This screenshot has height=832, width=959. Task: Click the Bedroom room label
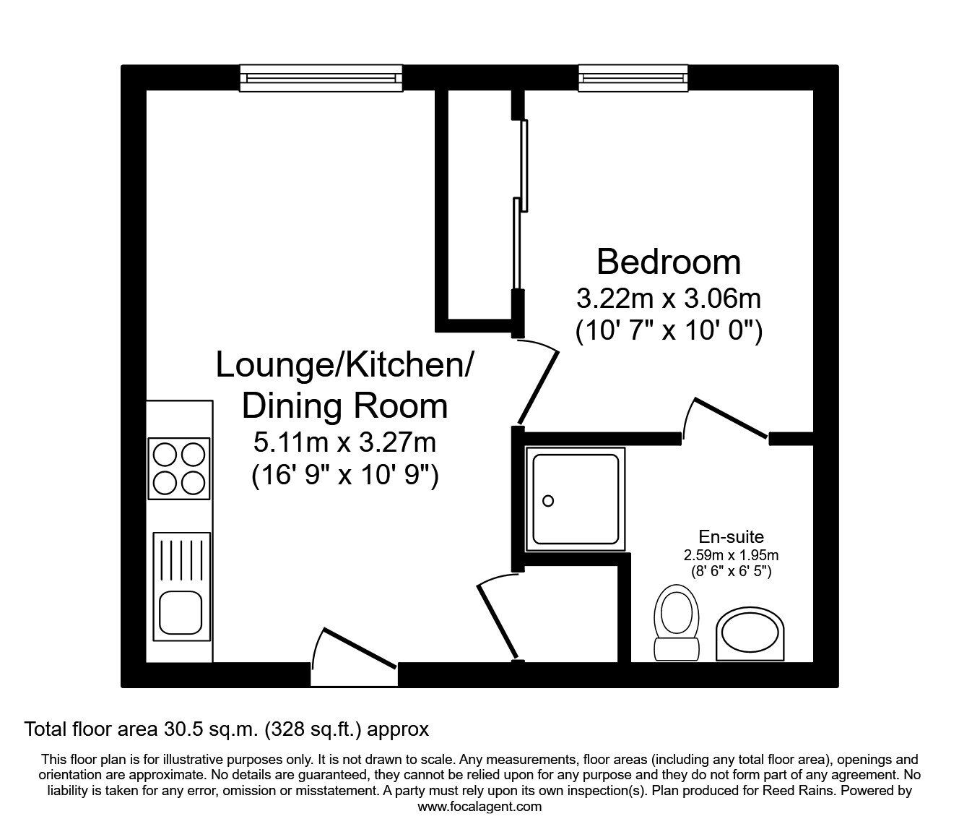click(668, 262)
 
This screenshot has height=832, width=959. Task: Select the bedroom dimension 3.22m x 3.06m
click(669, 299)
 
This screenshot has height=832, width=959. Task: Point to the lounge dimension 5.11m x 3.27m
click(344, 442)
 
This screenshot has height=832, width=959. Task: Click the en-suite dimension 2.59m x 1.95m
click(732, 554)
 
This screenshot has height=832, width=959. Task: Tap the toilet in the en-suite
click(677, 622)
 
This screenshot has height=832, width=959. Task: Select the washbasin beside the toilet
click(750, 634)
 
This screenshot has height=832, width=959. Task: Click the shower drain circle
click(548, 501)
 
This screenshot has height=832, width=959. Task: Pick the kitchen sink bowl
click(181, 612)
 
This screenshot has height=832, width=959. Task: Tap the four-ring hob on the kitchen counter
click(179, 468)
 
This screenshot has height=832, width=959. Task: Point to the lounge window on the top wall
click(321, 78)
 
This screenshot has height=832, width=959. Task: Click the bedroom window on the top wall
click(633, 78)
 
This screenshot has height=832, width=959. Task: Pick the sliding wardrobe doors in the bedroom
click(520, 205)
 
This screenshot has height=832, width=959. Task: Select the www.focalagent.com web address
click(479, 807)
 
